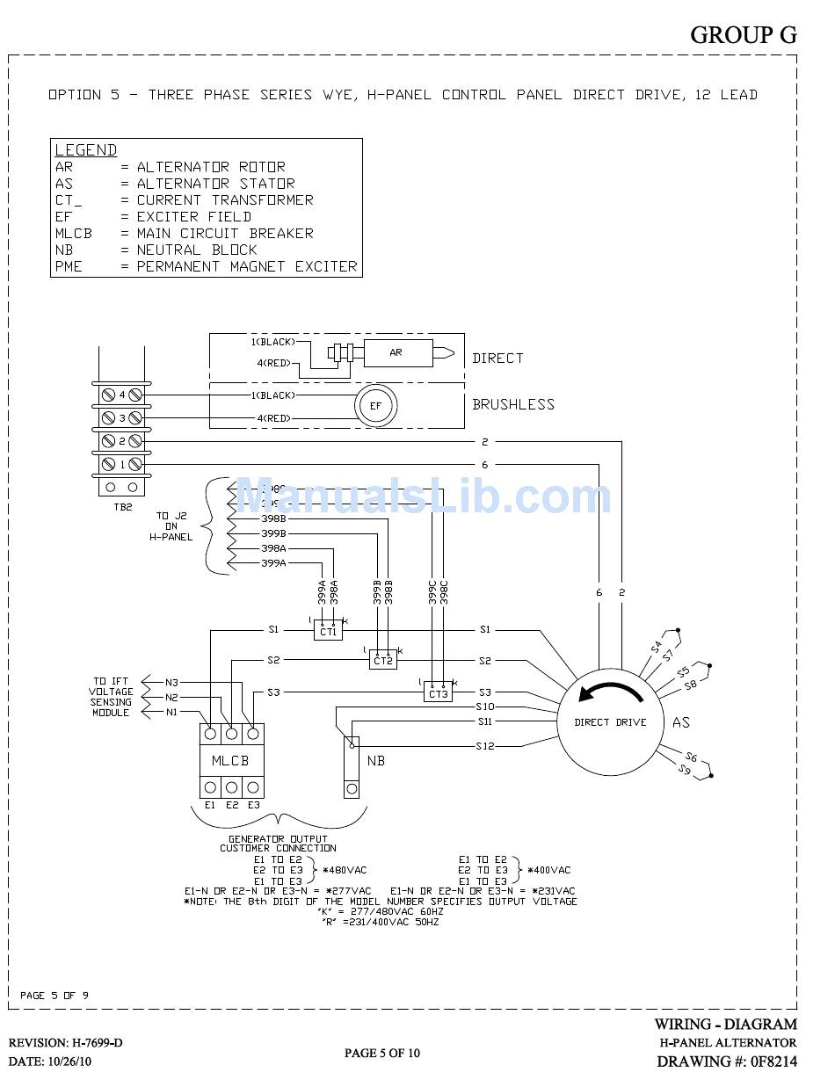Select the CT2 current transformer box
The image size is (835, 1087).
[382, 661]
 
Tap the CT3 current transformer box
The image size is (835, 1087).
[438, 692]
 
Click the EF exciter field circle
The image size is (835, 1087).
[376, 406]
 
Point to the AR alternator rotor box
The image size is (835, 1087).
[396, 352]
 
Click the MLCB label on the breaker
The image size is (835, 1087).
[230, 760]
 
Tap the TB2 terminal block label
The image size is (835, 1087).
[122, 508]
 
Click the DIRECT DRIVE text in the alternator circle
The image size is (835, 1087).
[610, 722]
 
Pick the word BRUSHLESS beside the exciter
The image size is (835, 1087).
[513, 405]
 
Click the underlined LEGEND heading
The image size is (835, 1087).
[85, 150]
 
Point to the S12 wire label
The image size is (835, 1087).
[485, 746]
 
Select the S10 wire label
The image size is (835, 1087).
[485, 707]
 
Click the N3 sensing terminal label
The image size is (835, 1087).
[171, 682]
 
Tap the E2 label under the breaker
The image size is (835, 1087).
[231, 804]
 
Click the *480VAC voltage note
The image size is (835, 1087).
[345, 870]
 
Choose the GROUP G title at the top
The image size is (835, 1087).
[743, 35]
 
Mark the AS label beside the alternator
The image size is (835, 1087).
[681, 722]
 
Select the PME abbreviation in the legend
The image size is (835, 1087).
[69, 266]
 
